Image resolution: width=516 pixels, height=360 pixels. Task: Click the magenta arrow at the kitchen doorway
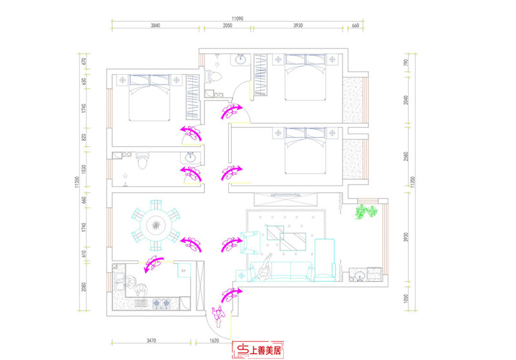point(152,264)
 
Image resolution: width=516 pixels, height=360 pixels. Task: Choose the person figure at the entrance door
point(217,315)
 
